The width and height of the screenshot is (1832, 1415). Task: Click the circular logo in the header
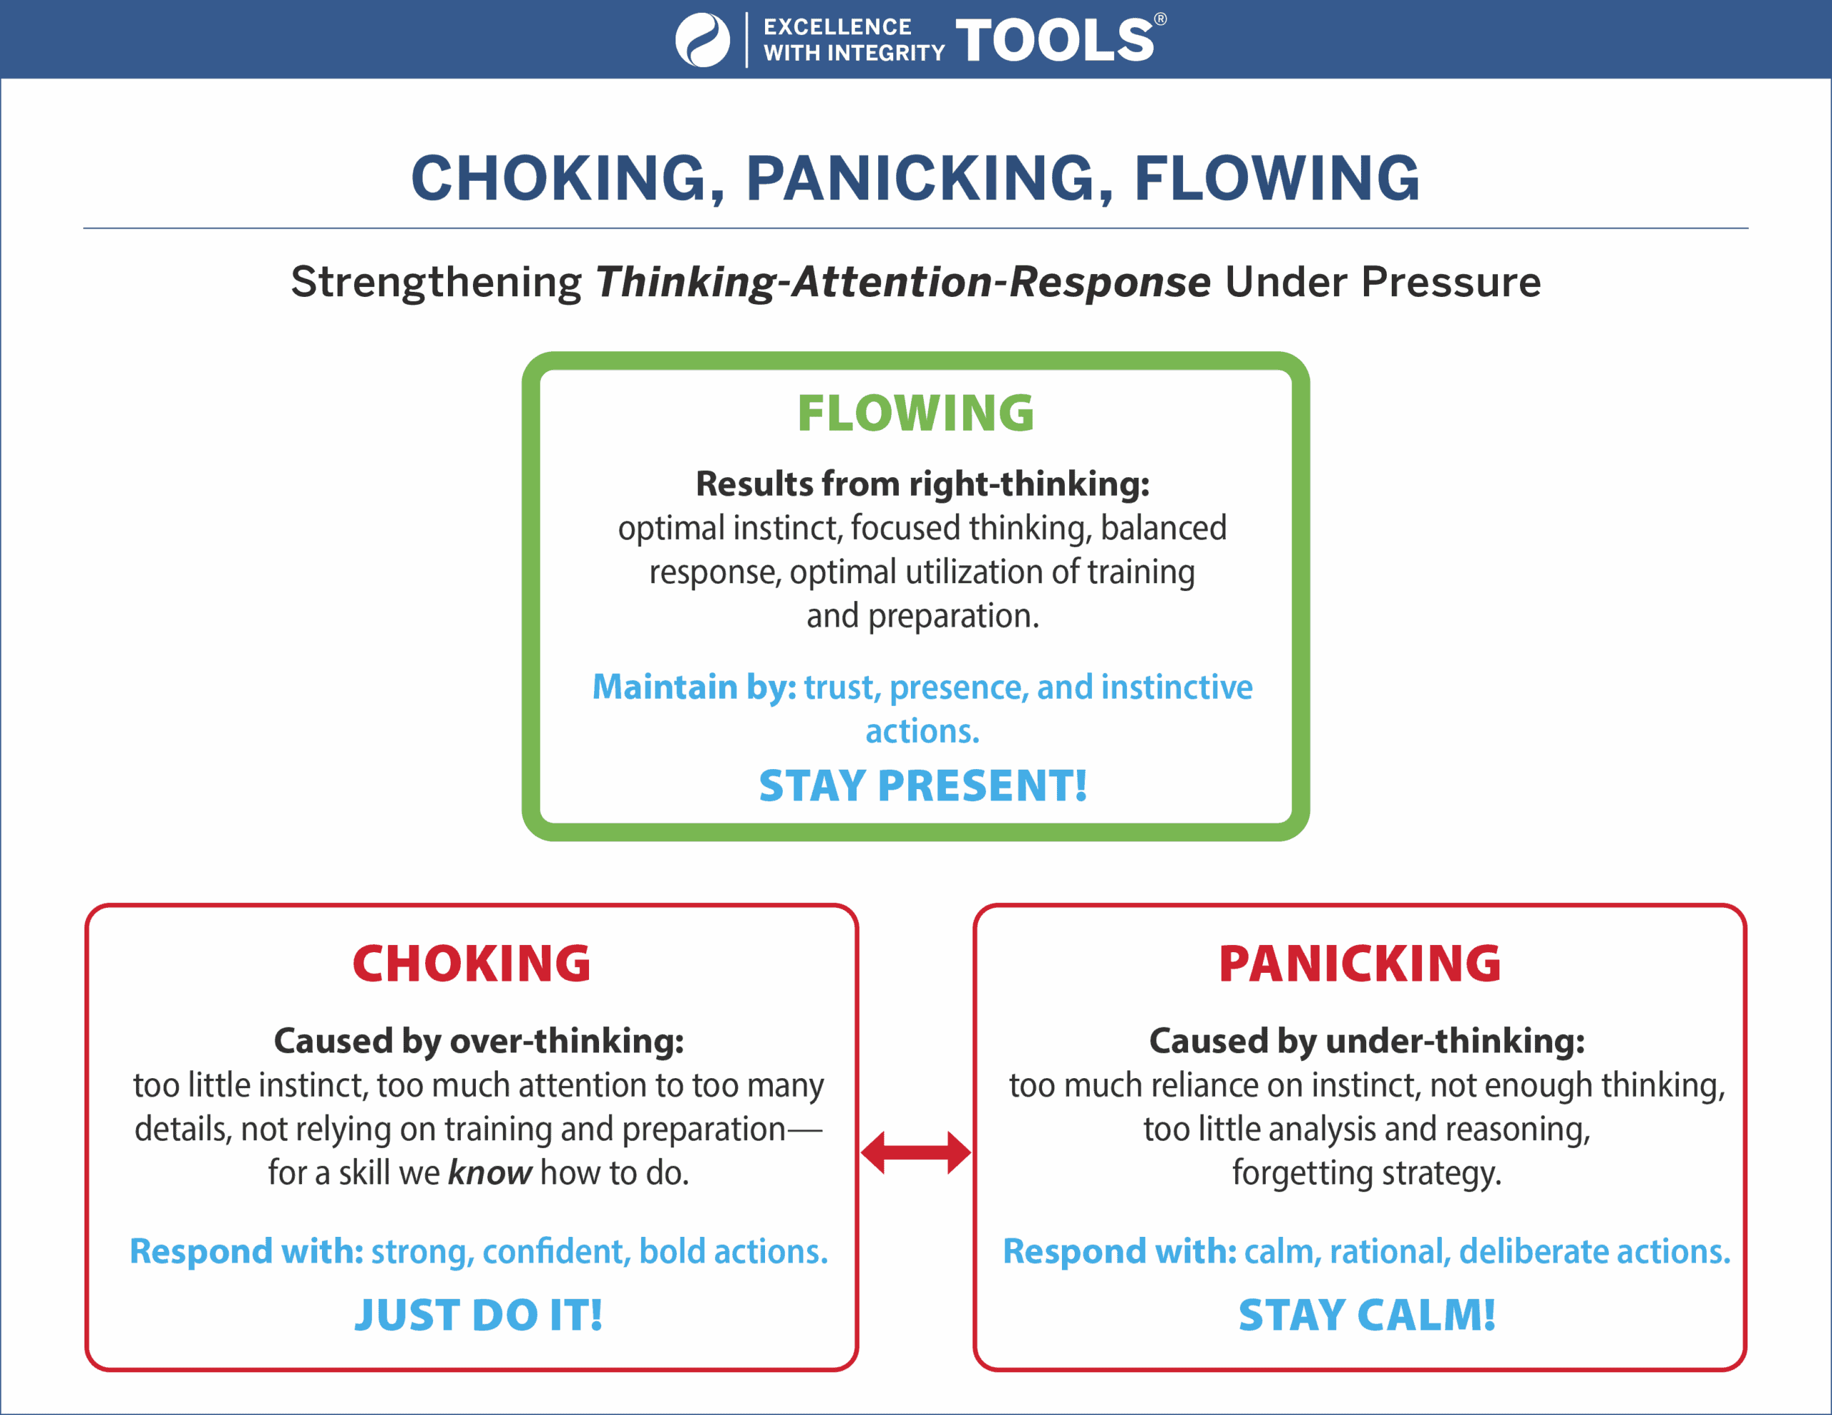702,39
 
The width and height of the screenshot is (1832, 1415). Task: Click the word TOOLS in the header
1054,40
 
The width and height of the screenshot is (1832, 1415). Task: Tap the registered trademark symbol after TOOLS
1160,19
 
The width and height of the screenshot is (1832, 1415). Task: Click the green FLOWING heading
915,413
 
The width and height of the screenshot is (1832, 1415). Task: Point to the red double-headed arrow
915,1152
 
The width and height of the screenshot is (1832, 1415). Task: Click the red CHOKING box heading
472,963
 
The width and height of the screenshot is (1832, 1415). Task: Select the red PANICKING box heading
1359,963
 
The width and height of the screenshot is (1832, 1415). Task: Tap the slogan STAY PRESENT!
922,786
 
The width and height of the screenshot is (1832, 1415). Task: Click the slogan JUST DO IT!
478,1314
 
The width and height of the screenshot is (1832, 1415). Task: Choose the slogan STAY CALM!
1366,1314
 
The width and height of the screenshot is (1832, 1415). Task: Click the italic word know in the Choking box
490,1172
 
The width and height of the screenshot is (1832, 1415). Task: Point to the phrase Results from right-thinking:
922,484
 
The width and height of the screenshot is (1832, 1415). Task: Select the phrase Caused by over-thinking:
479,1041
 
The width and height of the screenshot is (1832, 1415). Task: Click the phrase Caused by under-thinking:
1366,1041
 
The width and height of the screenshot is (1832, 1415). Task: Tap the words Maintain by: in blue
693,687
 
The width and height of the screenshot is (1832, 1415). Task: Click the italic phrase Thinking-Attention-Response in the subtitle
902,282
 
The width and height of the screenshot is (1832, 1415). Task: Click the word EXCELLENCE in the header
837,27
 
